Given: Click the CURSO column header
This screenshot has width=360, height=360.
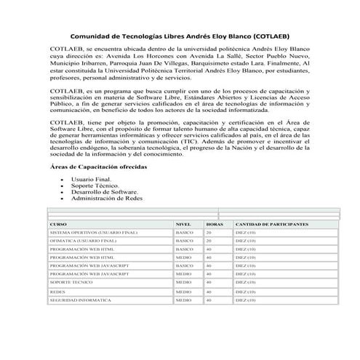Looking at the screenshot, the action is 58,225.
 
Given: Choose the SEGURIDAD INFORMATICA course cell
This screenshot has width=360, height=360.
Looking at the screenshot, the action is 80,299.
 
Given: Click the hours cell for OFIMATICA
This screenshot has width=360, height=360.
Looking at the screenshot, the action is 209,240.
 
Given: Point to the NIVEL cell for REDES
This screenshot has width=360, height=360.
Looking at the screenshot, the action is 183,291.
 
